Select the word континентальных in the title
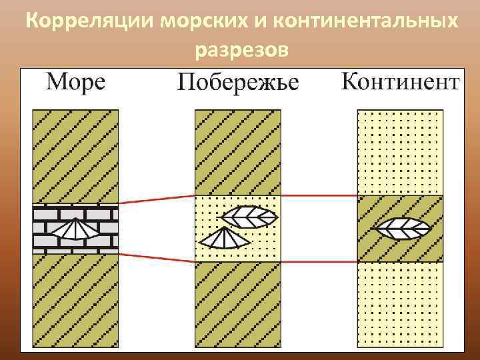(x=365, y=21)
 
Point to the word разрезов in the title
(x=242, y=49)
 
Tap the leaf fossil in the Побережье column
(x=249, y=216)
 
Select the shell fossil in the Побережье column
(x=221, y=238)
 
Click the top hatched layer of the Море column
(x=75, y=157)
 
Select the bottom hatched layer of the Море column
(x=75, y=300)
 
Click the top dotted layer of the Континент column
(x=400, y=152)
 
